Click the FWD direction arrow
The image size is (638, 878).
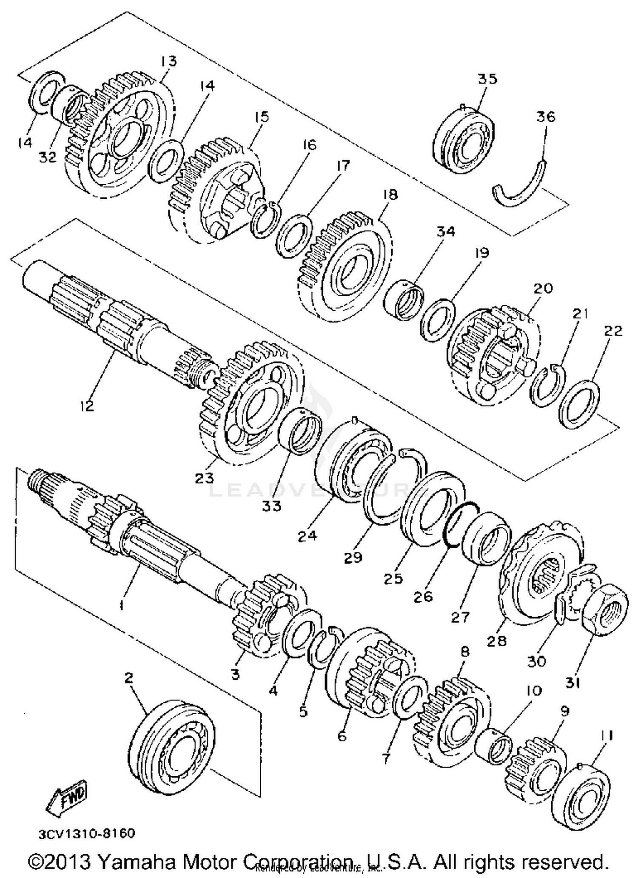(x=67, y=798)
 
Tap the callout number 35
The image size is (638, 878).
(x=487, y=79)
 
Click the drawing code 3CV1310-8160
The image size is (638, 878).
(x=87, y=833)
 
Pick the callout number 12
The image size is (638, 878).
(x=86, y=406)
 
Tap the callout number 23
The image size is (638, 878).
(x=204, y=478)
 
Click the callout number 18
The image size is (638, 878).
(x=390, y=194)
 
